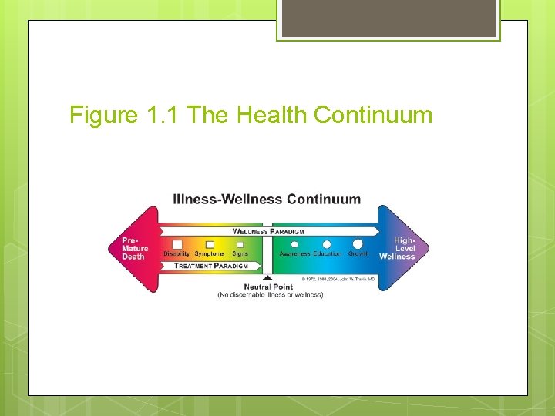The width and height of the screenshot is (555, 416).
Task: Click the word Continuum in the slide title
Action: [x=374, y=116]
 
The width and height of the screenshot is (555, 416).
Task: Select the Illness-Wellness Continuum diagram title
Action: [x=267, y=199]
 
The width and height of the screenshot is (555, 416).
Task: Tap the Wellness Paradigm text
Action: [x=268, y=231]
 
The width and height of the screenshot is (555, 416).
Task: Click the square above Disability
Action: [x=177, y=244]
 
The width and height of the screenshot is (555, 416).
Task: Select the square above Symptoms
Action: [x=210, y=244]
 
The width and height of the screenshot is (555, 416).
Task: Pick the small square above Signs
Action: [x=240, y=245]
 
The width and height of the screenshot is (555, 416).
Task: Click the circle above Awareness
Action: [x=294, y=245]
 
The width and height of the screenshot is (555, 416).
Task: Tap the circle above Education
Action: [x=327, y=244]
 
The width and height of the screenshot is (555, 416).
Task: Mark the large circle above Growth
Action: [x=358, y=244]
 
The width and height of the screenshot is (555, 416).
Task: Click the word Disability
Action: [x=177, y=254]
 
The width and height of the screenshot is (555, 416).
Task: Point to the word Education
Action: [x=327, y=254]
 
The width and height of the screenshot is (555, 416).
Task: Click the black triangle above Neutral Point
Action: [x=267, y=277]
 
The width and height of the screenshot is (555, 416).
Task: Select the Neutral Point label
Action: [x=270, y=286]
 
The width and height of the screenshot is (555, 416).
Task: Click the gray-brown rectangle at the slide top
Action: [x=388, y=18]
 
